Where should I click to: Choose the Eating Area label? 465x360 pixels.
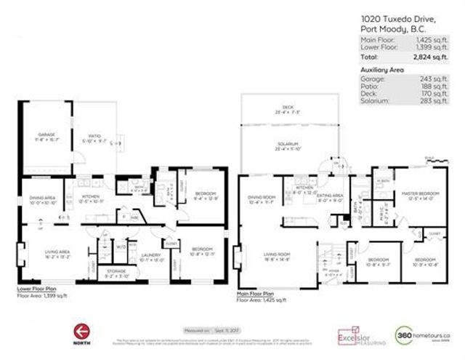point(331,195)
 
